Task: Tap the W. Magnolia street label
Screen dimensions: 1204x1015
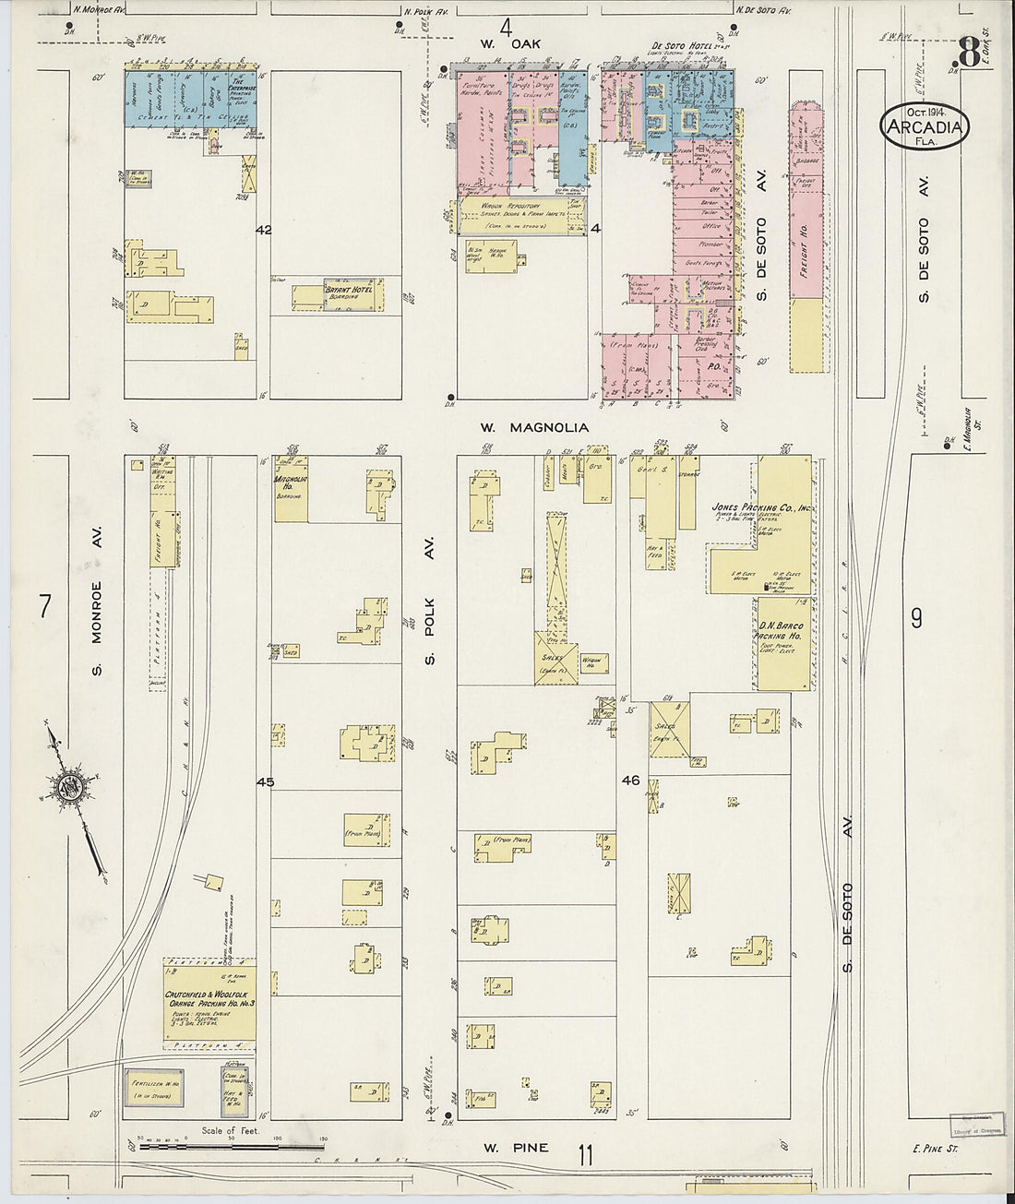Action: click(x=534, y=428)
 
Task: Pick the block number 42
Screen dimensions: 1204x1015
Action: click(x=264, y=230)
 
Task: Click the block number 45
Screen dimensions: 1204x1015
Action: click(x=266, y=782)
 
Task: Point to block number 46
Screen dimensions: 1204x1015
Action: click(x=630, y=781)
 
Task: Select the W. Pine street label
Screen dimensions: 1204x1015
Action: click(x=516, y=1148)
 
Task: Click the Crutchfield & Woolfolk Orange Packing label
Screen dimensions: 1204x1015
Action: click(x=209, y=998)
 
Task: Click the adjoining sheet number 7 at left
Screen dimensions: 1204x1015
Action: click(x=45, y=606)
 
